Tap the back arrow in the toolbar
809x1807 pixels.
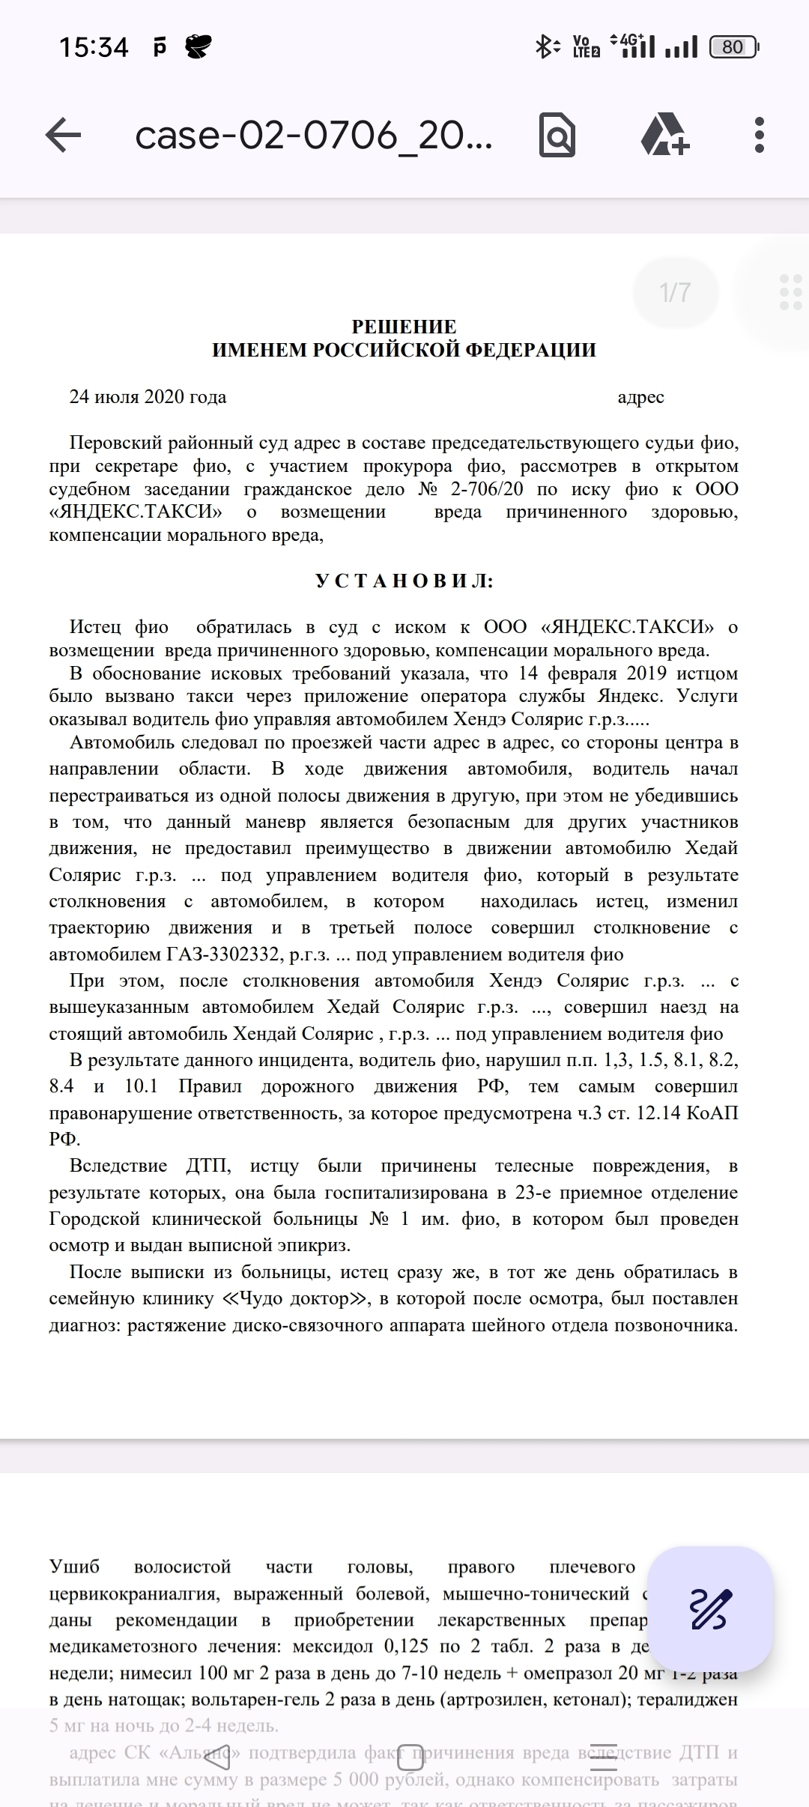(63, 136)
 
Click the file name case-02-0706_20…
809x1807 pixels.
(314, 136)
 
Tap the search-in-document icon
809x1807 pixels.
(557, 136)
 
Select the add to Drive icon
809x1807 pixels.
(664, 136)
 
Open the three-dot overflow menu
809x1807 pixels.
(760, 136)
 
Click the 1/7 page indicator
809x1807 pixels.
(675, 292)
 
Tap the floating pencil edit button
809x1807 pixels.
(709, 1608)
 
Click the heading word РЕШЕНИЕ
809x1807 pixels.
(404, 327)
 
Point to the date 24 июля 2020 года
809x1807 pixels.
(148, 397)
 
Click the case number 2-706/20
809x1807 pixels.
(485, 490)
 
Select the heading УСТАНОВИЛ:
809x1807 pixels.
(404, 581)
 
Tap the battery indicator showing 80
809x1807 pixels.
(733, 47)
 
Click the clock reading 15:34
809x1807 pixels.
(94, 48)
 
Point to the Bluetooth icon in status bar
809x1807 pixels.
(545, 47)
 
